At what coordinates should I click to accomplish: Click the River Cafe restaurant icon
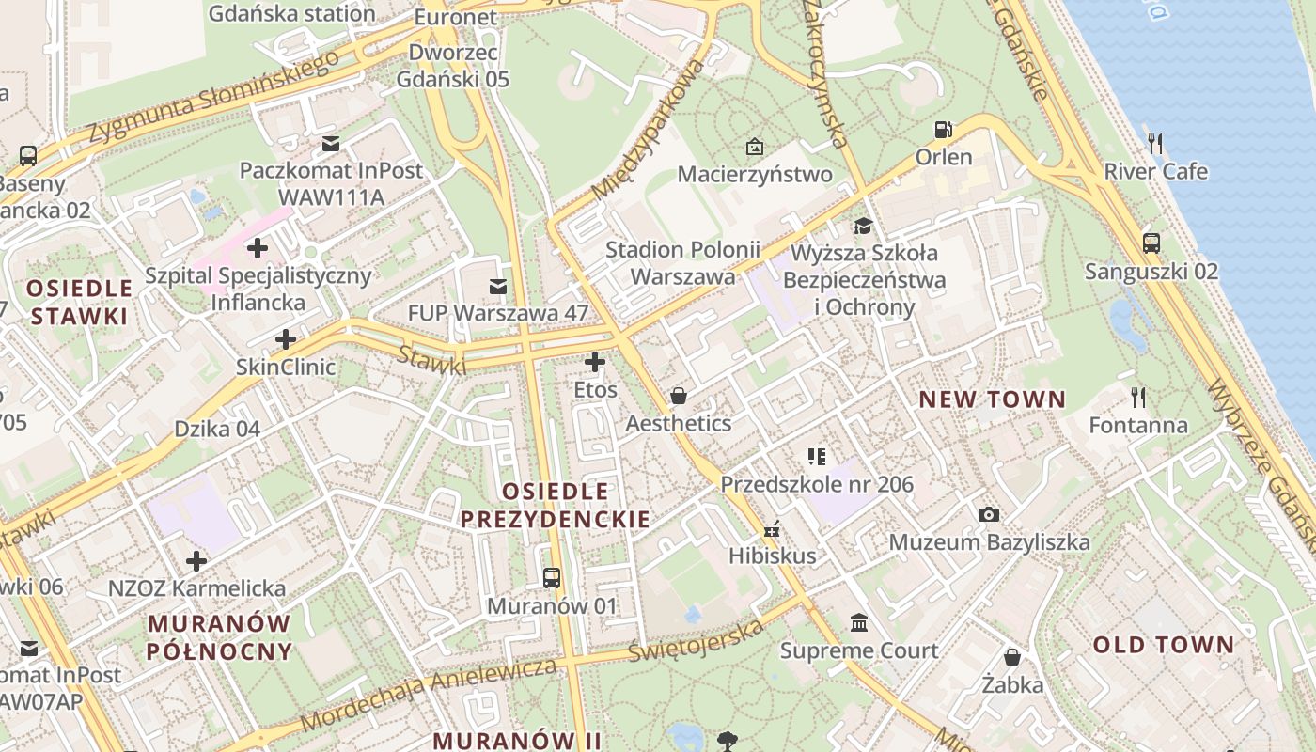[x=1155, y=144]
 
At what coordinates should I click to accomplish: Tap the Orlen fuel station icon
[x=943, y=130]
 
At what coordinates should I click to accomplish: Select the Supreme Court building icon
[x=858, y=623]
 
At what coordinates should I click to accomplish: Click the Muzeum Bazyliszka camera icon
[x=989, y=514]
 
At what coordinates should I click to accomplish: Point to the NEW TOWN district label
[x=993, y=399]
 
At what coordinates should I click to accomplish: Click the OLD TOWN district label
[x=1163, y=645]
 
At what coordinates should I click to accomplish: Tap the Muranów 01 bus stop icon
[x=552, y=578]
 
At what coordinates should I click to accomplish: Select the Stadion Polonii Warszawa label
[x=682, y=263]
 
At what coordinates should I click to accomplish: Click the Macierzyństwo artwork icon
[x=754, y=147]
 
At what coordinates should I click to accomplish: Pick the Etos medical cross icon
[x=594, y=362]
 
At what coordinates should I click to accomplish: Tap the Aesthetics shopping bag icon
[x=678, y=396]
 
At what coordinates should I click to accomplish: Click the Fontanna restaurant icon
[x=1137, y=398]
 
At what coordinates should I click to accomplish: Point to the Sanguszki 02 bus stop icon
[x=1151, y=243]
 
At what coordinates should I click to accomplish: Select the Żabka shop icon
[x=1012, y=657]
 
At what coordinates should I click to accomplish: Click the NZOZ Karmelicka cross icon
[x=196, y=561]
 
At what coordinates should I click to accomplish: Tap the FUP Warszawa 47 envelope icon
[x=497, y=286]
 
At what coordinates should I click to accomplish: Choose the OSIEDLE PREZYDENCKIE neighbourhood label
[x=555, y=505]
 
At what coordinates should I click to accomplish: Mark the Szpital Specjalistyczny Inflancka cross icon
[x=257, y=248]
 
